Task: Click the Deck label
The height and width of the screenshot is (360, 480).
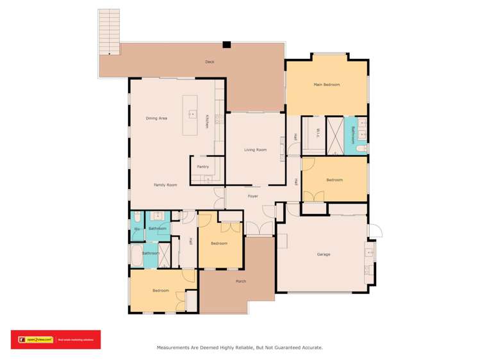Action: click(209, 62)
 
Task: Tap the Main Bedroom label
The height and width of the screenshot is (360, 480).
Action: click(326, 85)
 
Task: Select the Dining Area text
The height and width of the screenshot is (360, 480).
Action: click(156, 118)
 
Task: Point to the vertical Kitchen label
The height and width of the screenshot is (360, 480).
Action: click(207, 122)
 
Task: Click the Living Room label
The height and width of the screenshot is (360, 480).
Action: click(255, 150)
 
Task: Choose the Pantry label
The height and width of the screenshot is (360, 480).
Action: click(203, 167)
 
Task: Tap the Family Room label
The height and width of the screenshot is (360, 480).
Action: click(165, 184)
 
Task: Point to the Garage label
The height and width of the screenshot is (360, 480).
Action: click(323, 254)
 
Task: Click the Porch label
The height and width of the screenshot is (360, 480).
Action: click(241, 281)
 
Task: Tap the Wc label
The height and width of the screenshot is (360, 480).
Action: click(137, 229)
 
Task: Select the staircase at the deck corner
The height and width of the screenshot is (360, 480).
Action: click(110, 31)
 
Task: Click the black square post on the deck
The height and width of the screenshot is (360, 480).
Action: click(226, 44)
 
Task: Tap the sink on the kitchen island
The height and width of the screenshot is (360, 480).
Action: click(190, 113)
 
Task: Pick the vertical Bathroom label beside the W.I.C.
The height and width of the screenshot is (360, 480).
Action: click(352, 136)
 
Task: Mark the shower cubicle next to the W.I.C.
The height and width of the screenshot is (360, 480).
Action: click(335, 135)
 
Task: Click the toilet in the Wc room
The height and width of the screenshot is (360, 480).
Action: click(137, 217)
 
